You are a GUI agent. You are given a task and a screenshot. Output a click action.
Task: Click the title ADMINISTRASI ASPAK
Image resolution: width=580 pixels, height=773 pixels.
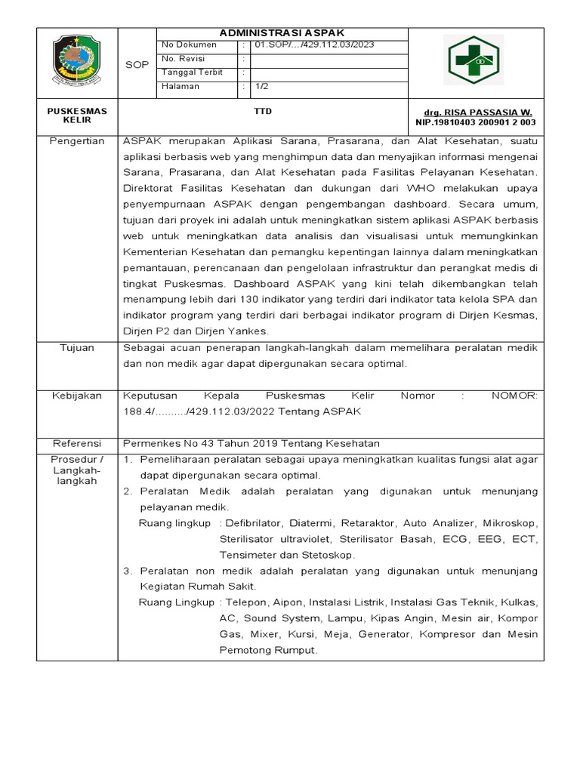coord(281,33)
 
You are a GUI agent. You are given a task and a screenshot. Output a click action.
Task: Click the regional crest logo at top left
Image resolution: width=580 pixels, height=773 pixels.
coord(78,62)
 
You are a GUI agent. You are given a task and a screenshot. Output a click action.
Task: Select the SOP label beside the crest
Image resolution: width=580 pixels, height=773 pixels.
coord(137,66)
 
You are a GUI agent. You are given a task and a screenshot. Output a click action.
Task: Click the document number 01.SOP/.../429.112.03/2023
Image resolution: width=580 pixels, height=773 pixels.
coord(314,45)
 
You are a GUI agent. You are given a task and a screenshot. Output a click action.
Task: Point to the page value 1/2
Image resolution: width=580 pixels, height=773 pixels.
coord(262,86)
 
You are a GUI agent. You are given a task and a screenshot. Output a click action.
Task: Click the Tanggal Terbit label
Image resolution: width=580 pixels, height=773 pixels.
coord(185,72)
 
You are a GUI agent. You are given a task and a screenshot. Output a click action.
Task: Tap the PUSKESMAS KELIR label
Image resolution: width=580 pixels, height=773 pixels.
coord(77,115)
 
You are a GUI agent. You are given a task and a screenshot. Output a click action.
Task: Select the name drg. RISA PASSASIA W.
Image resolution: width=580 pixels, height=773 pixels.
coord(477,112)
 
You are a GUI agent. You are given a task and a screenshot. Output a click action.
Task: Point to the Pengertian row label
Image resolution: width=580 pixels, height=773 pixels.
coord(77,141)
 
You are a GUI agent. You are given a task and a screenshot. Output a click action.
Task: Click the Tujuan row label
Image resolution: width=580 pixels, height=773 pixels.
coord(77,347)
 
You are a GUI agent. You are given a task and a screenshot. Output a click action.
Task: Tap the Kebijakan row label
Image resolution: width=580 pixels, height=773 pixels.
coord(77,396)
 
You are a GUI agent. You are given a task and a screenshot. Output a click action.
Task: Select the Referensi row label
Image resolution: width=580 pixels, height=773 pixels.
coord(77,443)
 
